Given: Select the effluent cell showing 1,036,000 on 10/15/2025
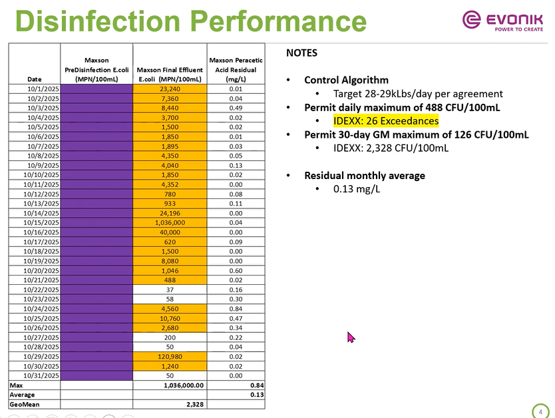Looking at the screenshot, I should click(170, 222).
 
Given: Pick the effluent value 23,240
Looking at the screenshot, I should click(170, 89).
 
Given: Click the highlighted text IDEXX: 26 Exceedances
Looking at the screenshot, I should click(386, 121).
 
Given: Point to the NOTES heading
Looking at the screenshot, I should click(301, 53).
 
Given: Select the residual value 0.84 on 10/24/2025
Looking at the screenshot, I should click(236, 308).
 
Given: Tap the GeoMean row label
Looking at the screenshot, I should click(22, 404).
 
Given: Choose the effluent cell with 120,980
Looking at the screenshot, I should click(170, 356).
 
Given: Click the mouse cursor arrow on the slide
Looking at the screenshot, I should click(351, 337).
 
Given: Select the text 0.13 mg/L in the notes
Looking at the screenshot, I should click(357, 189).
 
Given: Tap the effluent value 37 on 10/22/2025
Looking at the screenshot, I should click(170, 289).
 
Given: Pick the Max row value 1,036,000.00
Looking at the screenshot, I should click(183, 385).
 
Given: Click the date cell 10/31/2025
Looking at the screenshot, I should click(42, 375).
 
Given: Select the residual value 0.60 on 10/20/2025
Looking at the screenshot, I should click(236, 270).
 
